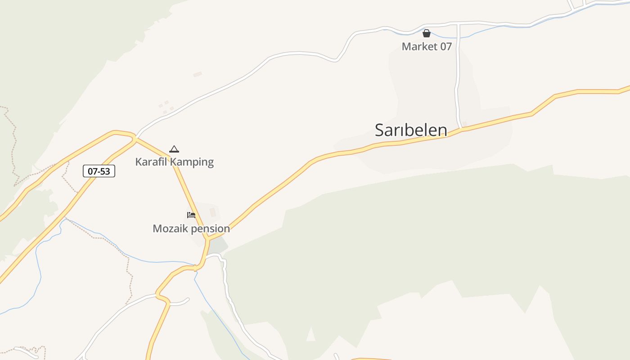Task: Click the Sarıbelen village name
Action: point(411,130)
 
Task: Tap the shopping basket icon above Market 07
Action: point(427,33)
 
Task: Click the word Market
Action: point(418,46)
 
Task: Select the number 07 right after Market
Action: point(445,46)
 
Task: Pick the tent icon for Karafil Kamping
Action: point(174,149)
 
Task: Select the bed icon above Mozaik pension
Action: point(191,215)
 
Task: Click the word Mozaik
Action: point(169,229)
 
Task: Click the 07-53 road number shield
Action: point(99,171)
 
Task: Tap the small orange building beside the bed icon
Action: point(213,212)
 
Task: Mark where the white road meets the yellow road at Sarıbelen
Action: point(462,129)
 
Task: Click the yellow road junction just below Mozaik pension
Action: point(208,238)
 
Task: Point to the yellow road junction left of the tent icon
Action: point(135,139)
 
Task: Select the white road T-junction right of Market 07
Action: point(458,23)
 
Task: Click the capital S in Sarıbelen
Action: point(380,130)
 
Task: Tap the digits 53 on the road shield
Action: point(105,171)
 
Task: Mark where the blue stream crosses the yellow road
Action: point(196,267)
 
